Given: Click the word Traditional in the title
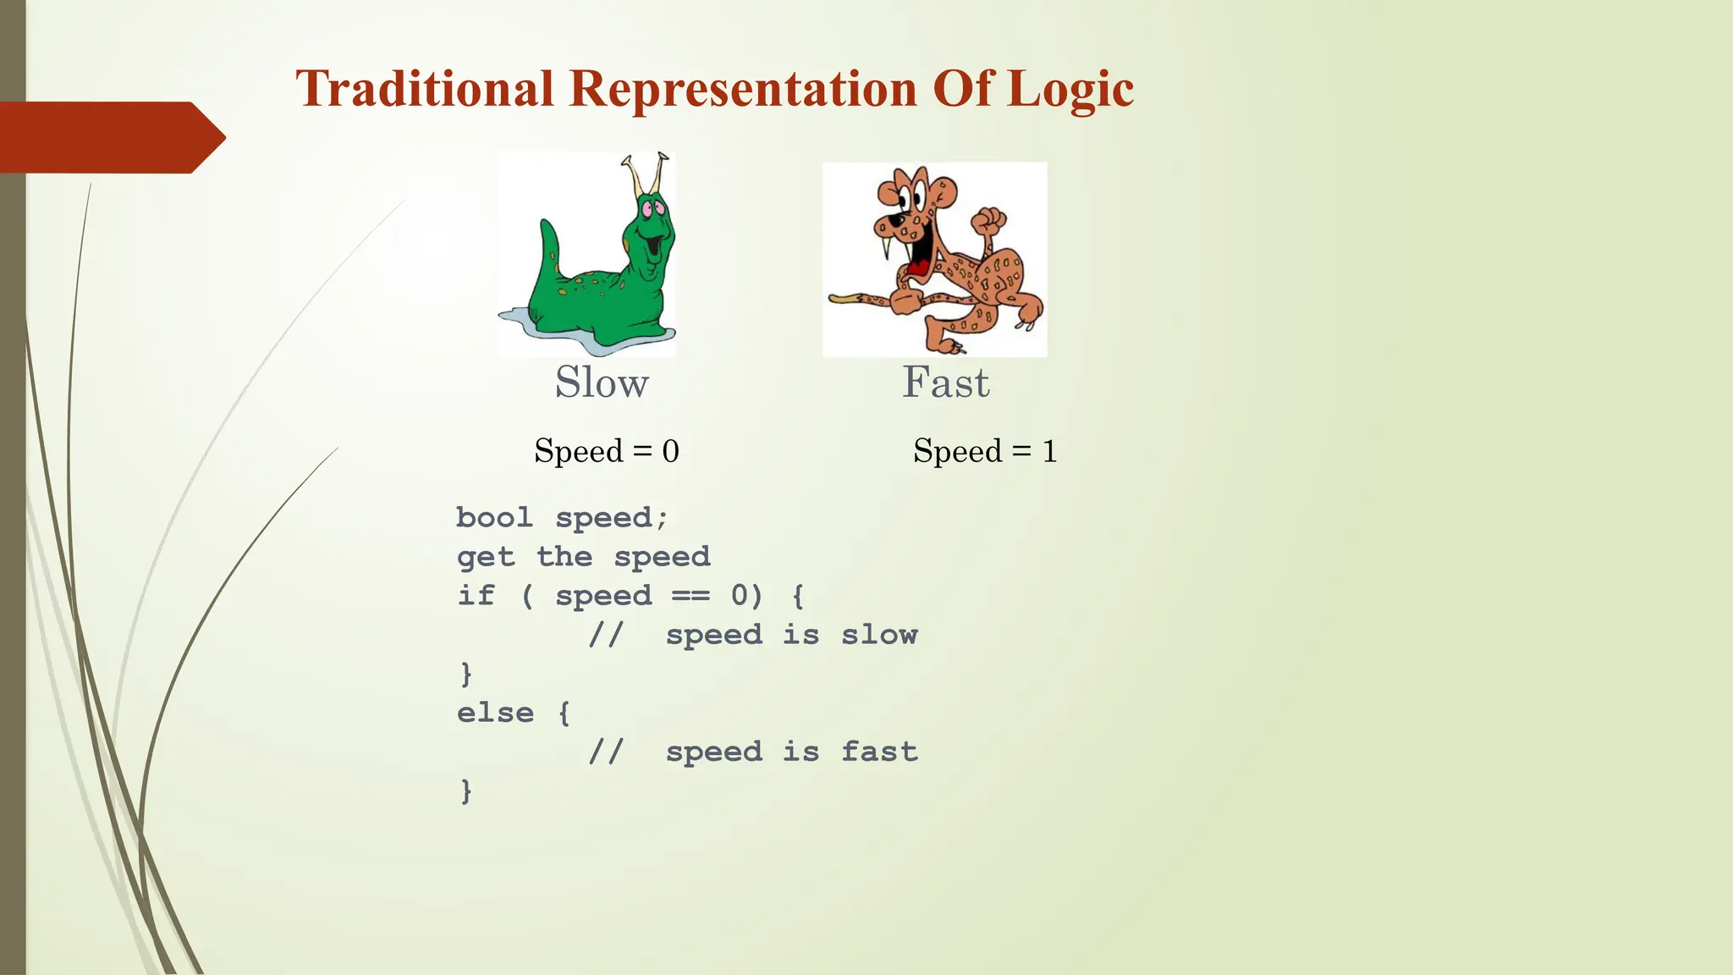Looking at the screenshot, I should (425, 89).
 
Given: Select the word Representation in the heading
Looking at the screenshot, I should (743, 89).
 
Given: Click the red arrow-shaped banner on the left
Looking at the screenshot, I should (110, 137).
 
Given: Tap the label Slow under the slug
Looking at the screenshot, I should (602, 383).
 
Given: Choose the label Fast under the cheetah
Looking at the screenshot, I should (945, 383).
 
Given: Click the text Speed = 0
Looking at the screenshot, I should (607, 451).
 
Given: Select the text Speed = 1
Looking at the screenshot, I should (985, 451).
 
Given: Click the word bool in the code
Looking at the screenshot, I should (494, 518).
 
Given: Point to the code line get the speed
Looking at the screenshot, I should (583, 557).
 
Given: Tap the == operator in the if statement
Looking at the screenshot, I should (690, 596).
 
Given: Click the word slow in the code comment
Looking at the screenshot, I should (879, 635).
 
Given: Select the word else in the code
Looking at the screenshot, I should (495, 713).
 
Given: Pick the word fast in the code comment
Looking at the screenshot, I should (879, 752).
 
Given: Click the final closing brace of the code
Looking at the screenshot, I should (465, 790).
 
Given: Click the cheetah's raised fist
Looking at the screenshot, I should (988, 222).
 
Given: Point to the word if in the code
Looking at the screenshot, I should (476, 596).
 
